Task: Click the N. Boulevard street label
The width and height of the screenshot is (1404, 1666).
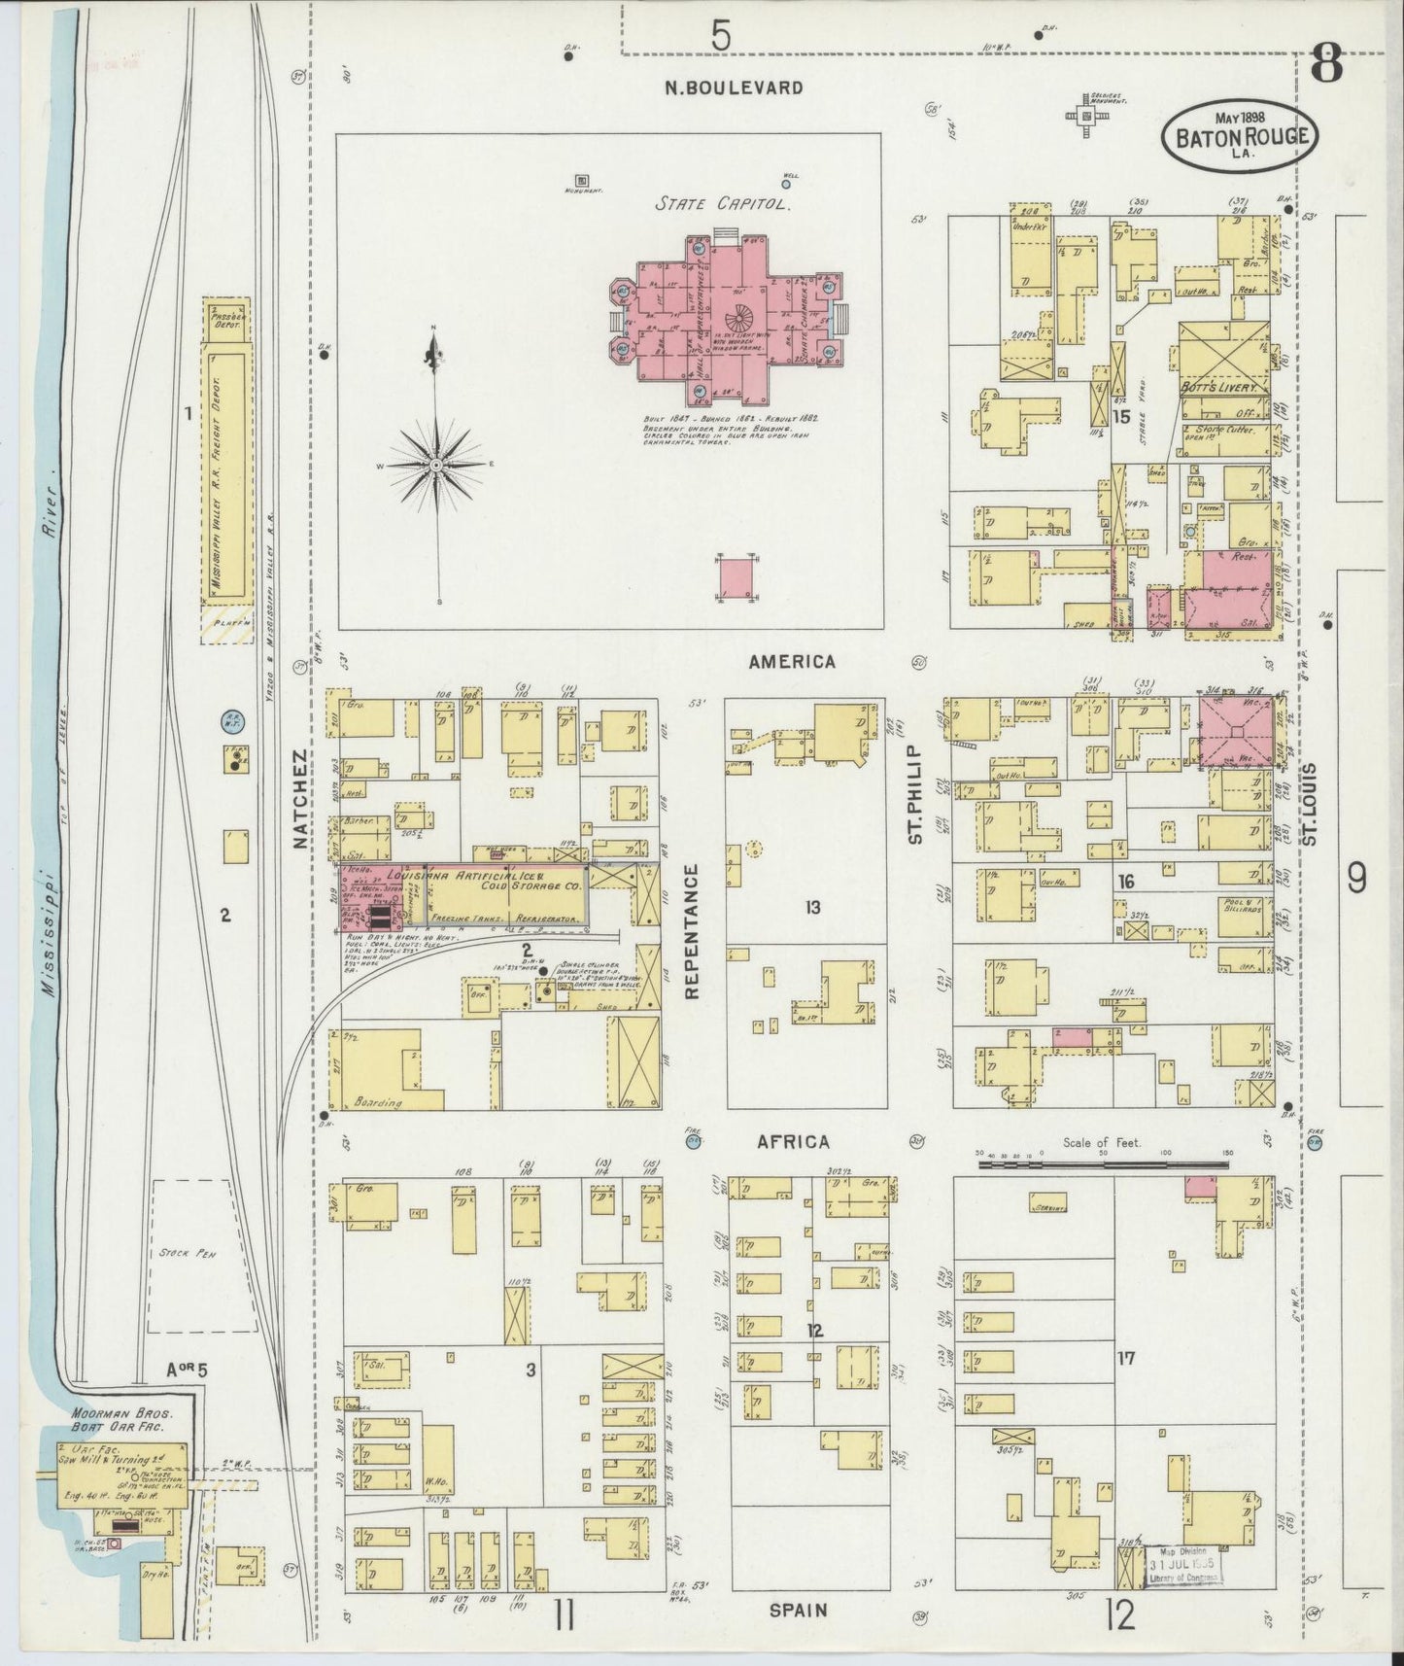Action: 734,87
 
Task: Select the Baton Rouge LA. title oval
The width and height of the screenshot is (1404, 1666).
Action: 1240,137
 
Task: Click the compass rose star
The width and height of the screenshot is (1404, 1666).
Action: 436,466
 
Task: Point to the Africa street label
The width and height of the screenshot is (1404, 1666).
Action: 794,1142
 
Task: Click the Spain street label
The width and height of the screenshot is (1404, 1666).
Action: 798,1611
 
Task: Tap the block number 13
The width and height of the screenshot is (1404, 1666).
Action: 812,907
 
